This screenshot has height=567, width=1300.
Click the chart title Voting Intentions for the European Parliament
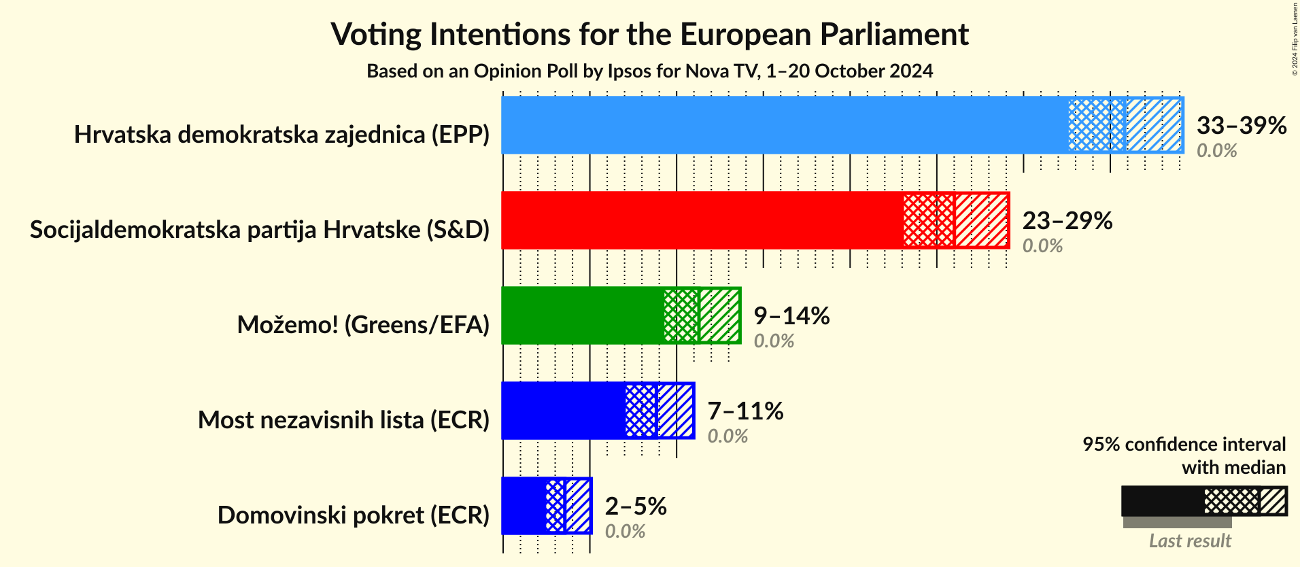(x=649, y=34)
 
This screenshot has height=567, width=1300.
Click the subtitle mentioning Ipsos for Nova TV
(x=649, y=71)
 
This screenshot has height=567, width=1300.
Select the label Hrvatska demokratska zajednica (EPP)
(x=281, y=135)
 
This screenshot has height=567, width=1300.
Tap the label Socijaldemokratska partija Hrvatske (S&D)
(x=260, y=230)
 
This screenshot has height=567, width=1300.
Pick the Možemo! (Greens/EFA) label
(x=363, y=325)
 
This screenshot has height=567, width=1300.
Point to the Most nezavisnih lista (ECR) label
(x=343, y=420)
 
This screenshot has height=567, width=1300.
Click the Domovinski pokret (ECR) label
(x=353, y=515)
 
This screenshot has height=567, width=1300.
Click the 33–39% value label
(x=1241, y=125)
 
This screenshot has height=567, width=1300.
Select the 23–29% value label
(x=1067, y=220)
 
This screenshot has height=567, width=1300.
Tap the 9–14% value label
(x=791, y=315)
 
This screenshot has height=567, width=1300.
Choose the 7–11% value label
(x=745, y=411)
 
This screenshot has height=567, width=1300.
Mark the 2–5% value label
(x=635, y=506)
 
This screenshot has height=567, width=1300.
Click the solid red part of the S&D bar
(x=700, y=220)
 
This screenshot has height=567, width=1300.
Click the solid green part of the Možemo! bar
(x=581, y=315)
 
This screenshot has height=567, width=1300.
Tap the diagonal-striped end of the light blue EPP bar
(x=1154, y=125)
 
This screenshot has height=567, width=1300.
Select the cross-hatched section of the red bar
(x=929, y=220)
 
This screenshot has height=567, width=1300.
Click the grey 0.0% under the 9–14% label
(x=774, y=341)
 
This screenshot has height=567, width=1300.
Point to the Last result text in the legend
(x=1189, y=541)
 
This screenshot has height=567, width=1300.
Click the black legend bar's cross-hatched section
(x=1231, y=501)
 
